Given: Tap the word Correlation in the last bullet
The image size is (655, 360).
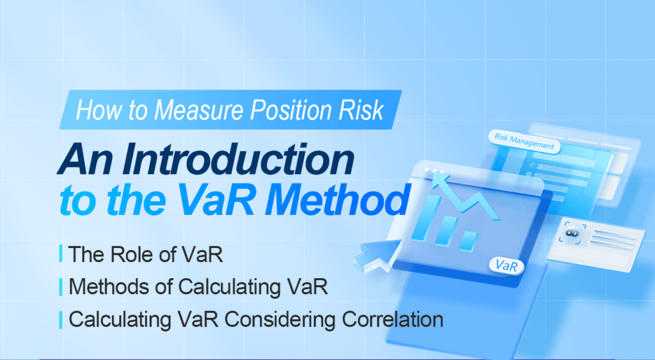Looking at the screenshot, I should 384,318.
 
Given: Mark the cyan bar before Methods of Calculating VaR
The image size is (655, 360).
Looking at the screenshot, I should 60,286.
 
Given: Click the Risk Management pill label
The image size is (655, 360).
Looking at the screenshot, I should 524,141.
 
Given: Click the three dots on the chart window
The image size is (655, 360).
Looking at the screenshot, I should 437,171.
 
